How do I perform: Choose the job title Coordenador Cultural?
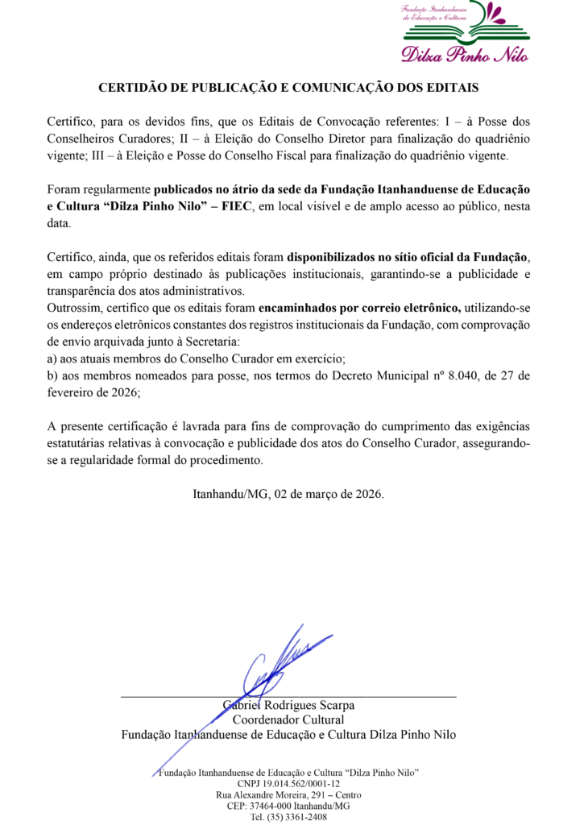coord(288,719)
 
